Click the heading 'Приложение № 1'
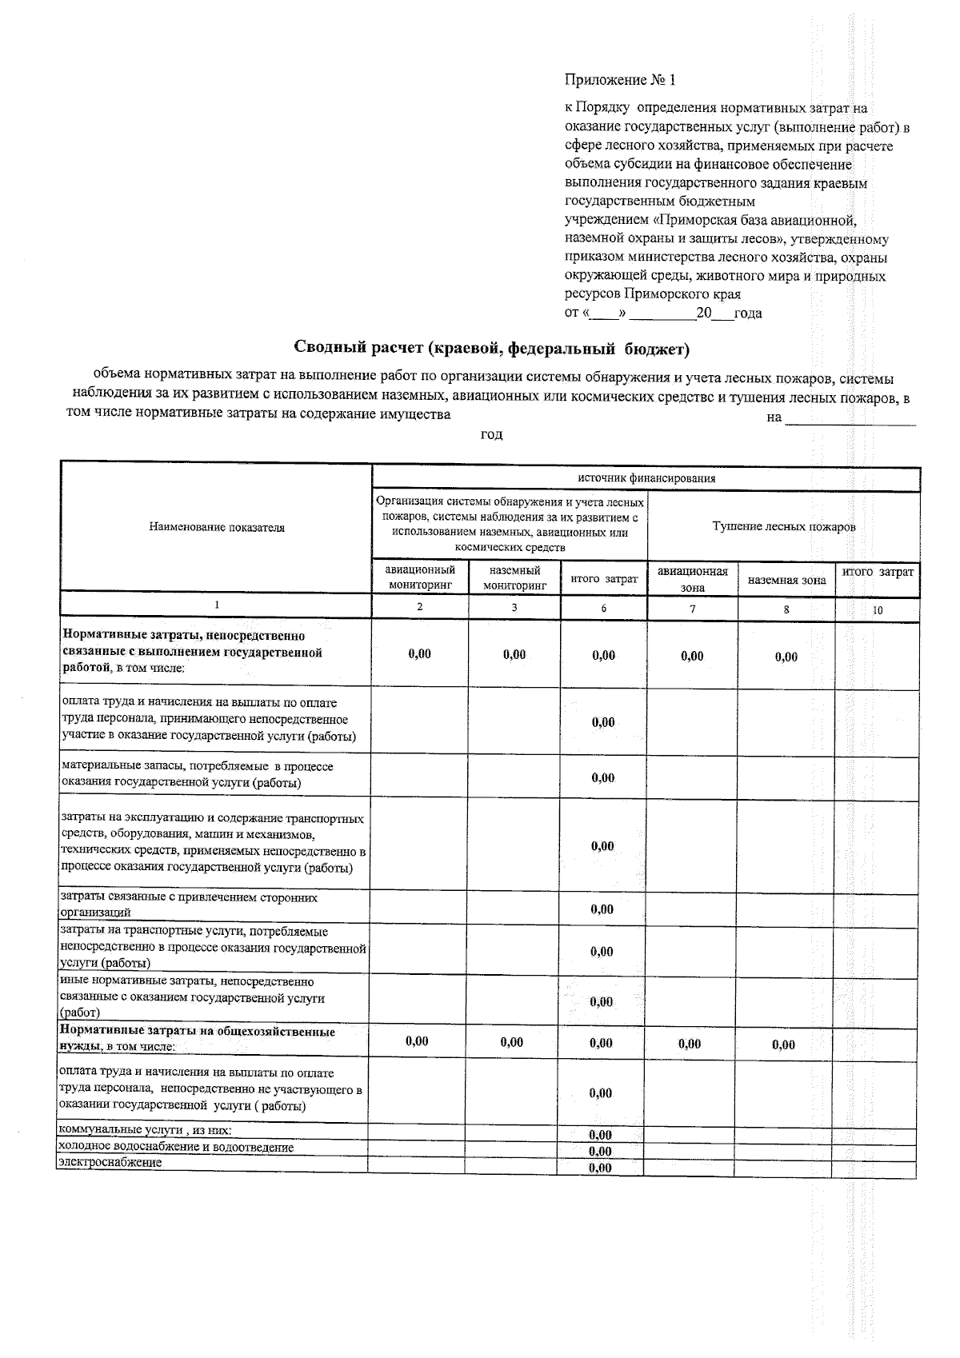tap(620, 80)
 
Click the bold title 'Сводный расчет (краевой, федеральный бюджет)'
tap(491, 348)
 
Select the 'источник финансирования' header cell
tap(646, 478)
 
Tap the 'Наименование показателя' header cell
tap(216, 527)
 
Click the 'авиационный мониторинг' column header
tap(420, 577)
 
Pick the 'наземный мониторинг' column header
tap(514, 577)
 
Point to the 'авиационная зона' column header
tap(692, 579)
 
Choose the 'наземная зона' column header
tap(786, 580)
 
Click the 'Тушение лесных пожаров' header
tap(783, 527)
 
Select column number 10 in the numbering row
tap(878, 609)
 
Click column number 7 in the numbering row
tap(692, 609)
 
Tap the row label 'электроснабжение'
tap(110, 1163)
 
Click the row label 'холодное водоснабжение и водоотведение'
tap(176, 1147)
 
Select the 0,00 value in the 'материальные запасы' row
tap(603, 777)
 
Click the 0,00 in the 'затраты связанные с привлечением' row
tap(602, 909)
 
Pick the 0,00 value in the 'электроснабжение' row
tap(600, 1168)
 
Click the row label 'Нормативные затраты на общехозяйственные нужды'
tap(198, 1038)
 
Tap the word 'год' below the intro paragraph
tap(491, 434)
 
